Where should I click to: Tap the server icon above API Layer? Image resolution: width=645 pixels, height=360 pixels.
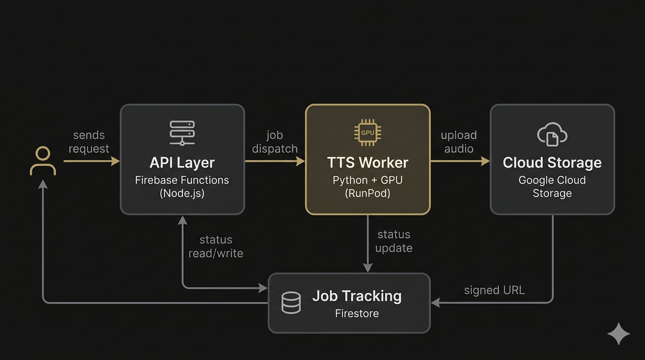pyautogui.click(x=182, y=133)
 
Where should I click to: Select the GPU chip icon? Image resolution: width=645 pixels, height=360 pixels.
pyautogui.click(x=367, y=133)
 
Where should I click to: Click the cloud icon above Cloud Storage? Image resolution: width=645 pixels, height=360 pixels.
pyautogui.click(x=552, y=134)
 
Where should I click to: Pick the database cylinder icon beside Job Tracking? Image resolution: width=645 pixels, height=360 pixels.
pyautogui.click(x=291, y=303)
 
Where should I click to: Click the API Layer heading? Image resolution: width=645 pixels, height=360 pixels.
pyautogui.click(x=182, y=163)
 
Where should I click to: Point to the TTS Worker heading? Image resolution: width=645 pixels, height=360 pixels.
pyautogui.click(x=367, y=163)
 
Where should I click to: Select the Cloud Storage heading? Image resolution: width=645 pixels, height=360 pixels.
pyautogui.click(x=552, y=163)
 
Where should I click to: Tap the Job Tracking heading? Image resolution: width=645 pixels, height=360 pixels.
pyautogui.click(x=357, y=296)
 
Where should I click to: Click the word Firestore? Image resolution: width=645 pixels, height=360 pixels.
pyautogui.click(x=357, y=313)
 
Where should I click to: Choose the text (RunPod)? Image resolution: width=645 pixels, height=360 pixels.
pyautogui.click(x=367, y=193)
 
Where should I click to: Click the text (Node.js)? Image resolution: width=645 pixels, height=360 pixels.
pyautogui.click(x=182, y=193)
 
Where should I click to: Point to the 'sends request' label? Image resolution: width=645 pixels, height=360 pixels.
pyautogui.click(x=89, y=142)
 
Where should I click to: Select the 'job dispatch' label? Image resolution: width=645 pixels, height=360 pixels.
pyautogui.click(x=275, y=142)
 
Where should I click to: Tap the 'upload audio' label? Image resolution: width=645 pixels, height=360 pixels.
pyautogui.click(x=459, y=142)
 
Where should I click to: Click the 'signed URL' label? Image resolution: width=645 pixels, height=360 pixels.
pyautogui.click(x=495, y=290)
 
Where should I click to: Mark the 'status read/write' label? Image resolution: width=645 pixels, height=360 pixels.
pyautogui.click(x=216, y=247)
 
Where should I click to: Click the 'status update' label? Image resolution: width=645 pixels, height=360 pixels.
pyautogui.click(x=394, y=241)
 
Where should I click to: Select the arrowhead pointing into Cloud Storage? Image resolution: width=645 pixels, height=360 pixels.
pyautogui.click(x=485, y=161)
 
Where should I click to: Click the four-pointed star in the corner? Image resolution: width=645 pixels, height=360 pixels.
pyautogui.click(x=619, y=334)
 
